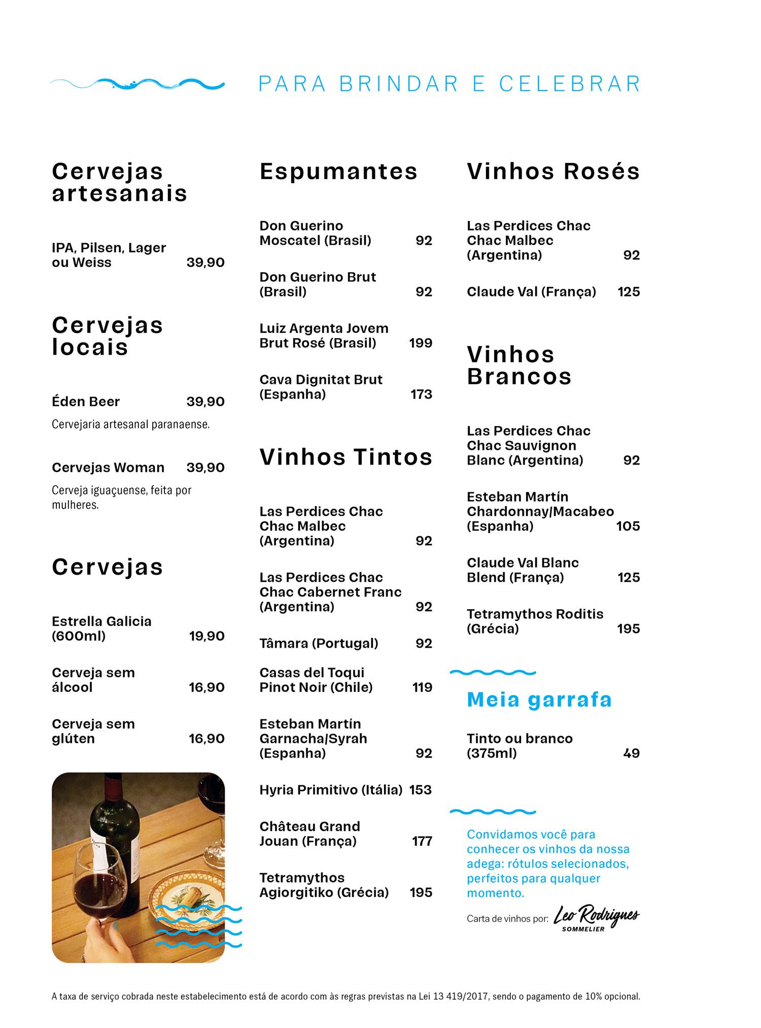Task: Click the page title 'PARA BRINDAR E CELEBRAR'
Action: [x=449, y=84]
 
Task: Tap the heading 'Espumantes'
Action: [x=338, y=171]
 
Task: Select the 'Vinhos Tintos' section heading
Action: [x=346, y=456]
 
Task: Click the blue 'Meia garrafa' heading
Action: [x=539, y=700]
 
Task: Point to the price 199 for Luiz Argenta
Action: [x=421, y=343]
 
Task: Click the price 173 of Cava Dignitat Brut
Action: [x=421, y=394]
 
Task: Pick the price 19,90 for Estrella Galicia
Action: [x=206, y=636]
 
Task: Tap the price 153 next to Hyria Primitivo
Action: [x=420, y=790]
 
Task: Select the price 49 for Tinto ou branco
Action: [x=631, y=753]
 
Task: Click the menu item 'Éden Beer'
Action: [x=86, y=402]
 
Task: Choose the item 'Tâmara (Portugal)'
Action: [x=319, y=644]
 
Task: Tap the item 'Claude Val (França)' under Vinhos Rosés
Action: [x=531, y=292]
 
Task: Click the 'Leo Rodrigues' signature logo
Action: [x=596, y=917]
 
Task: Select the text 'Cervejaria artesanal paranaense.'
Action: [x=130, y=424]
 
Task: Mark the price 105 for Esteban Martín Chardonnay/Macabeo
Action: [x=628, y=526]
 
